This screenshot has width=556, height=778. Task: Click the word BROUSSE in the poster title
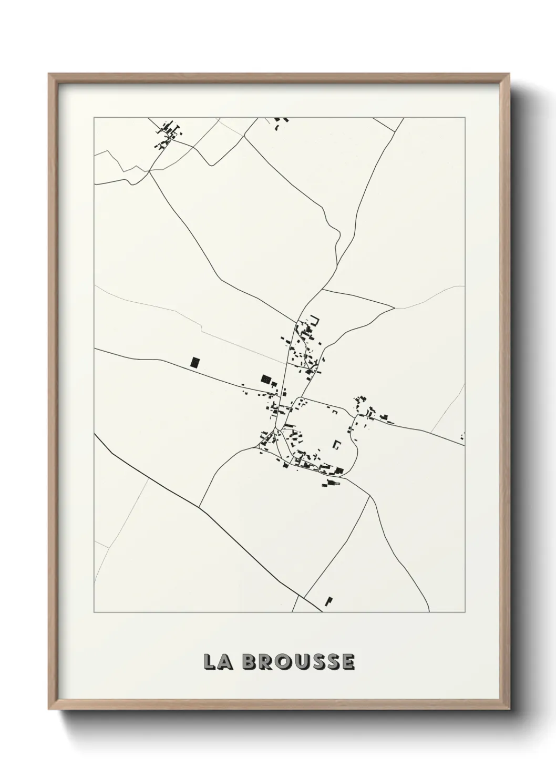298,662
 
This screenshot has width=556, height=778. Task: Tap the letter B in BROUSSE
250,662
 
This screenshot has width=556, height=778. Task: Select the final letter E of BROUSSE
348,662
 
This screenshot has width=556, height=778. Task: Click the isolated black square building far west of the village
195,362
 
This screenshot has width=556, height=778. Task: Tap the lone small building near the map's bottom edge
329,600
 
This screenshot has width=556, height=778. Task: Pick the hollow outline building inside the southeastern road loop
336,444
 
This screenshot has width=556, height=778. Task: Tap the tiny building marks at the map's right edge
462,436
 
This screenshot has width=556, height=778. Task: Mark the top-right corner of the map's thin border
465,118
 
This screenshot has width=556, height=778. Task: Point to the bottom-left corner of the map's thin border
94,612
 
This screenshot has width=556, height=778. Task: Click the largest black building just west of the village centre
266,378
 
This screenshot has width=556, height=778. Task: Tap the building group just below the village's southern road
331,482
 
